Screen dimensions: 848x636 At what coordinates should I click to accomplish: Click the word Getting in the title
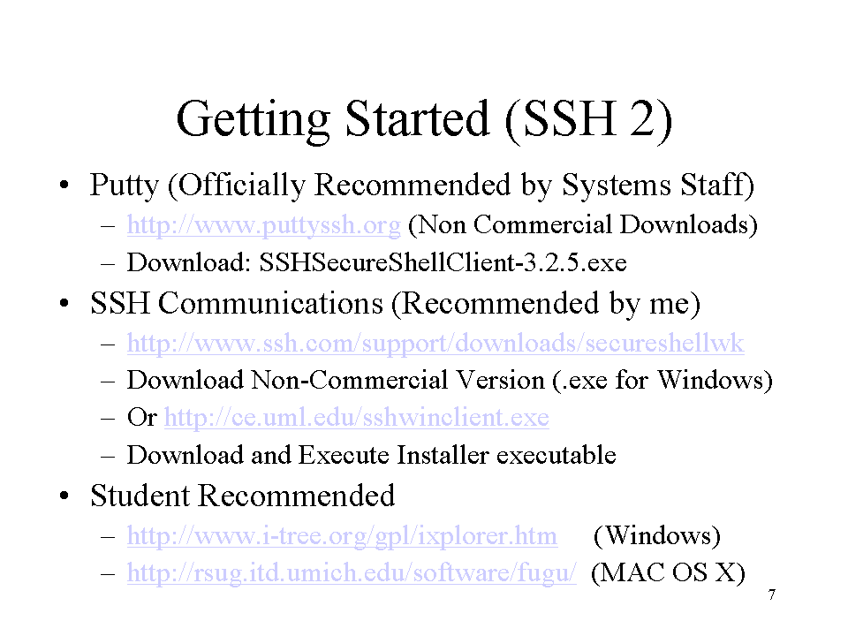click(254, 120)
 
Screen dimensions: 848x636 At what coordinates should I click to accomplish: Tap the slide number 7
click(772, 594)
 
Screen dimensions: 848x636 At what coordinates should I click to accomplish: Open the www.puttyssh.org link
click(264, 225)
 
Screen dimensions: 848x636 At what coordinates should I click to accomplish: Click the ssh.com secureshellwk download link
click(435, 343)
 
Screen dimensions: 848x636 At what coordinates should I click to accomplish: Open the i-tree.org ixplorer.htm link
click(343, 536)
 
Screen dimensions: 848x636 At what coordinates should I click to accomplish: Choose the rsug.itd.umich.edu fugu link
click(352, 572)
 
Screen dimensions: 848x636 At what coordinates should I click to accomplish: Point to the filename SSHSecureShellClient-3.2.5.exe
click(443, 263)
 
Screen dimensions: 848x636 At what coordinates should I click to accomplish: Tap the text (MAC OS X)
click(668, 572)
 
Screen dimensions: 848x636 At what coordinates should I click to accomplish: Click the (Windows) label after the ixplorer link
click(657, 536)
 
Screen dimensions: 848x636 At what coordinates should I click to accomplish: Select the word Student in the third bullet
click(140, 496)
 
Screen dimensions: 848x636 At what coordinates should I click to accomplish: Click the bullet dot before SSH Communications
click(64, 304)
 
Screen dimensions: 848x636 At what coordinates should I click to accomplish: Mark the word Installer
click(443, 455)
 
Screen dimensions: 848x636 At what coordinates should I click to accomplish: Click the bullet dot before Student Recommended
click(64, 496)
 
